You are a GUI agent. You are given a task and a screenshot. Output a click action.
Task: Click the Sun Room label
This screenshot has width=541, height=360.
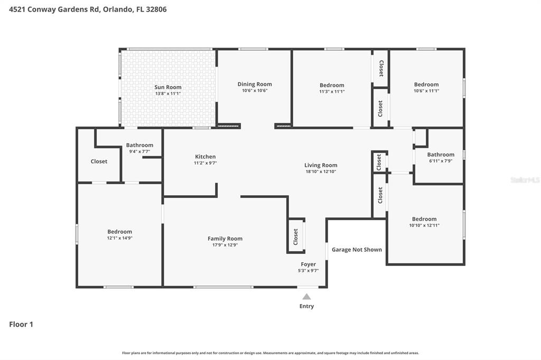[x=167, y=87]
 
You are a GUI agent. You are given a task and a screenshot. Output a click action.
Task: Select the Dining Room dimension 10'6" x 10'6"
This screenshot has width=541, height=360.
[x=254, y=91]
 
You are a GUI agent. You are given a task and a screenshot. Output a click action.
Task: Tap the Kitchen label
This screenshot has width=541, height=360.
[x=205, y=157]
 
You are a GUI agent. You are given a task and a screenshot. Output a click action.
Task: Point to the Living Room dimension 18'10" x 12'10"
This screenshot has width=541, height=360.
[x=321, y=172]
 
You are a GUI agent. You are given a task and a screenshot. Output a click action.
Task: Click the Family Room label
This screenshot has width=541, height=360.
[x=225, y=239]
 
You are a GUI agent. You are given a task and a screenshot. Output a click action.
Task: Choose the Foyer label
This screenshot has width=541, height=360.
[x=308, y=264]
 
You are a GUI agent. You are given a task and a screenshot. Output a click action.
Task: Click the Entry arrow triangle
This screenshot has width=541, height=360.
[x=306, y=297]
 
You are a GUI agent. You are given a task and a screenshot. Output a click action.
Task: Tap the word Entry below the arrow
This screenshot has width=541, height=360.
[x=306, y=306]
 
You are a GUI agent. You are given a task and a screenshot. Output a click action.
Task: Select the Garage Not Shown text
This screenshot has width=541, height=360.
[x=357, y=250]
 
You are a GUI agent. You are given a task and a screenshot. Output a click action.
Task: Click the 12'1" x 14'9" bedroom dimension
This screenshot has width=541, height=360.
[x=119, y=238]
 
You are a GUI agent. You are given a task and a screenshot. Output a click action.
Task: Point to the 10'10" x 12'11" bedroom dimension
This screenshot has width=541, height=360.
[x=424, y=225]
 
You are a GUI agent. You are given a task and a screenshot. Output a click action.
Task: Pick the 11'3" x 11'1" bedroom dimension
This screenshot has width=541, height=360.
[x=332, y=91]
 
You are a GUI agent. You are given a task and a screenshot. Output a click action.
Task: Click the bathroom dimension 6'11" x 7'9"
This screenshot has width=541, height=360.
[x=441, y=161]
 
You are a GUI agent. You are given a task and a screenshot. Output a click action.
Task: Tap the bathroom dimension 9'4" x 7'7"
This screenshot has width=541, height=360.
[x=139, y=151]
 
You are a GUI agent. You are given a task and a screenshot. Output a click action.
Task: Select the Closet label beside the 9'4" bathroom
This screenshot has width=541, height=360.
[x=99, y=162]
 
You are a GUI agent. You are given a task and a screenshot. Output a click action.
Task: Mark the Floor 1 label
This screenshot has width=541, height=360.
[x=21, y=325]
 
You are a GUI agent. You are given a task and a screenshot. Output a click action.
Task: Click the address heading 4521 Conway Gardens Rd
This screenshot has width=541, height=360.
[x=88, y=10]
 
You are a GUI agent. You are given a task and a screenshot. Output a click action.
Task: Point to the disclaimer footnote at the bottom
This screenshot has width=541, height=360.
[x=270, y=353]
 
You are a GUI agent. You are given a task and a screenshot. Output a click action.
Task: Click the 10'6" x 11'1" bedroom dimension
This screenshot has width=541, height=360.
[x=426, y=91]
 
